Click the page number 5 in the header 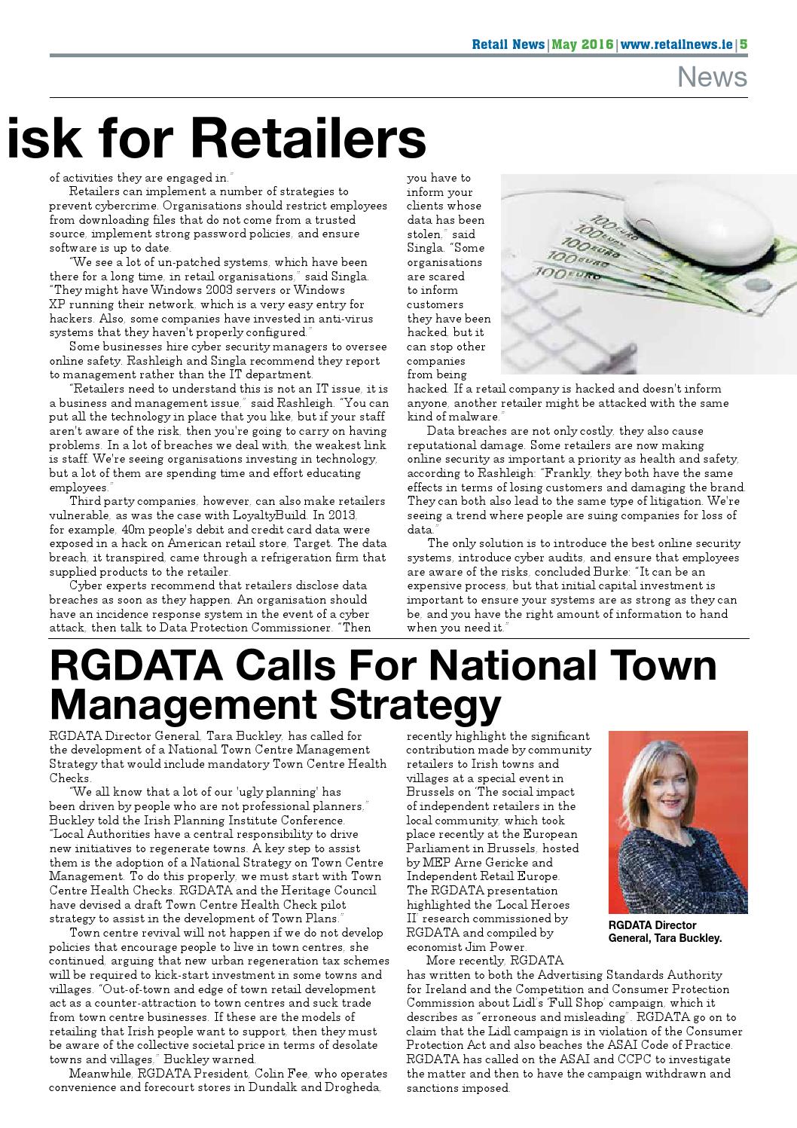tap(743, 44)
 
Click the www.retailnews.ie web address tap(677, 44)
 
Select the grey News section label tap(712, 77)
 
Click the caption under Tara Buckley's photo tap(664, 931)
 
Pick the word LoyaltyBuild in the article tap(286, 515)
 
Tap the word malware tap(470, 417)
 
